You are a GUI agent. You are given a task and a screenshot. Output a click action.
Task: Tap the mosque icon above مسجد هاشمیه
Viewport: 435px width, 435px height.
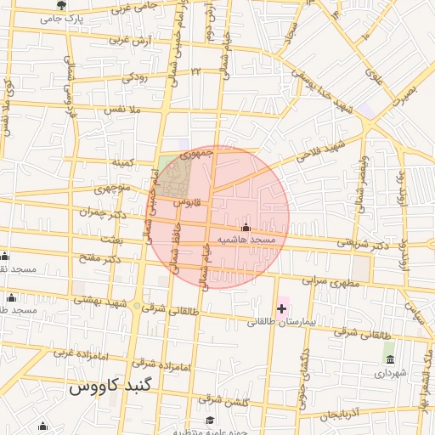click(246, 228)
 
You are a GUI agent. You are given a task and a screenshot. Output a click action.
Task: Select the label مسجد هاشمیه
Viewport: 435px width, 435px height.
click(247, 240)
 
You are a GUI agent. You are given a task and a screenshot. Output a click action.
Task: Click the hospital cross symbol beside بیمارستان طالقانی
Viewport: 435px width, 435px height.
click(282, 308)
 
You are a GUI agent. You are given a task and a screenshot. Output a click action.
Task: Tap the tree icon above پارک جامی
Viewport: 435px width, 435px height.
click(61, 6)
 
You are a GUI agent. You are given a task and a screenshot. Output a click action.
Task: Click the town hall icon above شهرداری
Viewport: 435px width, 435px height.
click(390, 360)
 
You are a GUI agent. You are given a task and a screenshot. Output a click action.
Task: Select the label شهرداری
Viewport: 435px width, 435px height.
click(391, 373)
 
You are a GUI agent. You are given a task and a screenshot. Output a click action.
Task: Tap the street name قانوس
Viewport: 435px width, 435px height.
click(186, 203)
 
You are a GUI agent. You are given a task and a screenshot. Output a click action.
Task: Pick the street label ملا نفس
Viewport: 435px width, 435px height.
click(121, 110)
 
